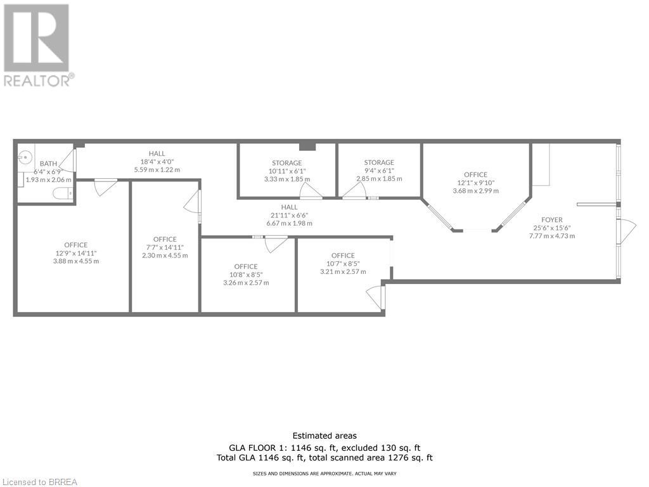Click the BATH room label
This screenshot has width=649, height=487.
[x=48, y=164]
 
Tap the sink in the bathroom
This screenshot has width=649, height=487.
[x=25, y=158]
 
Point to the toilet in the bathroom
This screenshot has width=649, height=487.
[x=65, y=193]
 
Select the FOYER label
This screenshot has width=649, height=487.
[x=552, y=220]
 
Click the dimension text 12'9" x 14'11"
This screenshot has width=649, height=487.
[x=76, y=253]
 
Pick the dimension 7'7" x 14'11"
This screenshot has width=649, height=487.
[x=165, y=247]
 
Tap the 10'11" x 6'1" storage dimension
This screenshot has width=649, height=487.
[x=287, y=171]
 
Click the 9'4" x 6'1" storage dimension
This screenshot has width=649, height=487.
[x=379, y=171]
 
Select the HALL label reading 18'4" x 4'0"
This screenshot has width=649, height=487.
[x=157, y=153]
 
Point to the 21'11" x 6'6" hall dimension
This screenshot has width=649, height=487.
[x=289, y=215]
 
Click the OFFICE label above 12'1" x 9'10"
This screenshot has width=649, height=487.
[x=475, y=175]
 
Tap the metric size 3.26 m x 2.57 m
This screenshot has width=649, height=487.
[x=246, y=283]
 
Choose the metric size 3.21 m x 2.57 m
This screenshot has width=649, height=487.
[x=343, y=271]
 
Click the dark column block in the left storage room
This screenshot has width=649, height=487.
[x=307, y=146]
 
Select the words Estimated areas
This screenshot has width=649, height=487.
[x=324, y=436]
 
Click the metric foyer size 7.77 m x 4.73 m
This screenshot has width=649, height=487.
[x=552, y=236]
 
